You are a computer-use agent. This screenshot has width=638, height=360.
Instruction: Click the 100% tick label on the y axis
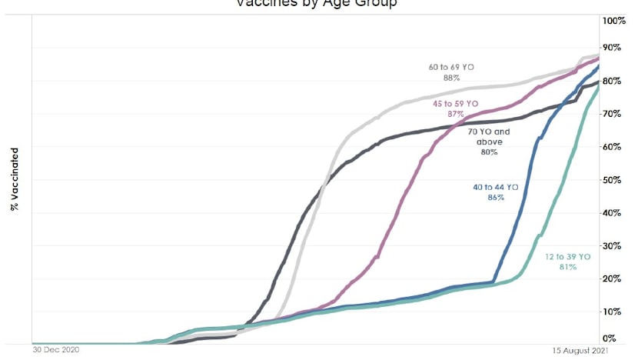tap(615, 20)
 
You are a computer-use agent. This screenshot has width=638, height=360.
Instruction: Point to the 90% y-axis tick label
tap(613, 48)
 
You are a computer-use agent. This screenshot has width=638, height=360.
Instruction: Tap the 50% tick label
tap(613, 180)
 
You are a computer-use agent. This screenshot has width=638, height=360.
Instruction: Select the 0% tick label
tap(610, 338)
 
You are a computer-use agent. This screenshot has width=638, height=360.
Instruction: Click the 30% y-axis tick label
tap(613, 246)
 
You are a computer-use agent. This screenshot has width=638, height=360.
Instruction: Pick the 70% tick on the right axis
tap(613, 114)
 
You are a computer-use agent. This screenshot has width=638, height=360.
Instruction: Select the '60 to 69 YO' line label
tap(451, 68)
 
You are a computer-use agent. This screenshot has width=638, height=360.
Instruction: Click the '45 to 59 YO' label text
tap(456, 103)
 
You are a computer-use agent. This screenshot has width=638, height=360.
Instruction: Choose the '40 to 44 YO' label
tap(495, 186)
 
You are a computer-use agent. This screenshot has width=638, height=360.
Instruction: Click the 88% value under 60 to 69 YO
tap(451, 78)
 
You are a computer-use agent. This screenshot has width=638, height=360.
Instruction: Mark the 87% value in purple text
tap(456, 113)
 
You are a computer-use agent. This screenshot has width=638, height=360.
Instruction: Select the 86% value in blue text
tap(495, 197)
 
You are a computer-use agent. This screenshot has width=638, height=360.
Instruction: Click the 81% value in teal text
tap(567, 267)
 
